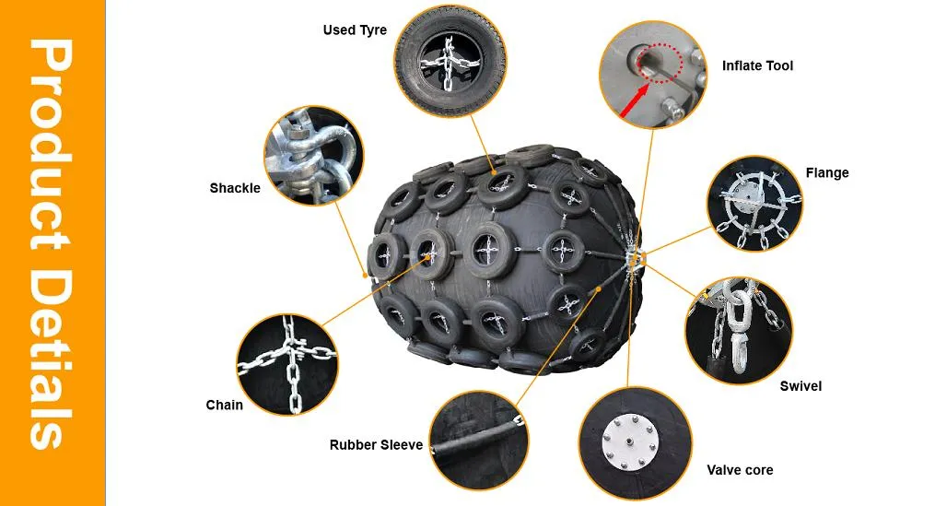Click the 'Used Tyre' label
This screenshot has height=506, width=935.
pos(355,29)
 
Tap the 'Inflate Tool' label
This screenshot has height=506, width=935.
pos(757,65)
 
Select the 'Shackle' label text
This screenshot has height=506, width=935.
pos(235,188)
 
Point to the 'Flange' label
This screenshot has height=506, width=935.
pos(827,172)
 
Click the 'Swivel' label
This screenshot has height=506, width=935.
pos(801,386)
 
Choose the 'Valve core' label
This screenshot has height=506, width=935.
pos(740,470)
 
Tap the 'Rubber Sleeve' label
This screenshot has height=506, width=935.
pos(376,445)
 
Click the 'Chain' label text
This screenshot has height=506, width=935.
pos(224,406)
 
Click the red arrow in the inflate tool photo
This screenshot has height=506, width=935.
pos(635,100)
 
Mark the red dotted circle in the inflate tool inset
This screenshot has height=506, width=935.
pos(659,63)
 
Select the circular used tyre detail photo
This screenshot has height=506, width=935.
pos(450,62)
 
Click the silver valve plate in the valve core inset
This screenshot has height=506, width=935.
pos(631,442)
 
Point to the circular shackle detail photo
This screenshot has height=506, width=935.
pos(313,157)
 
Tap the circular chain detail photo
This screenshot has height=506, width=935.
pos(287,365)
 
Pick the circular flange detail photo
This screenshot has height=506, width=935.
pos(755,204)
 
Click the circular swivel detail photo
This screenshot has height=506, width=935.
pos(739,330)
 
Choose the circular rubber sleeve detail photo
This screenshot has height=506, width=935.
pos(479,441)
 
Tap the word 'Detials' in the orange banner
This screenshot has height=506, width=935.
pos(52,359)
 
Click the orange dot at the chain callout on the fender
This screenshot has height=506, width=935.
pos(428,257)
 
